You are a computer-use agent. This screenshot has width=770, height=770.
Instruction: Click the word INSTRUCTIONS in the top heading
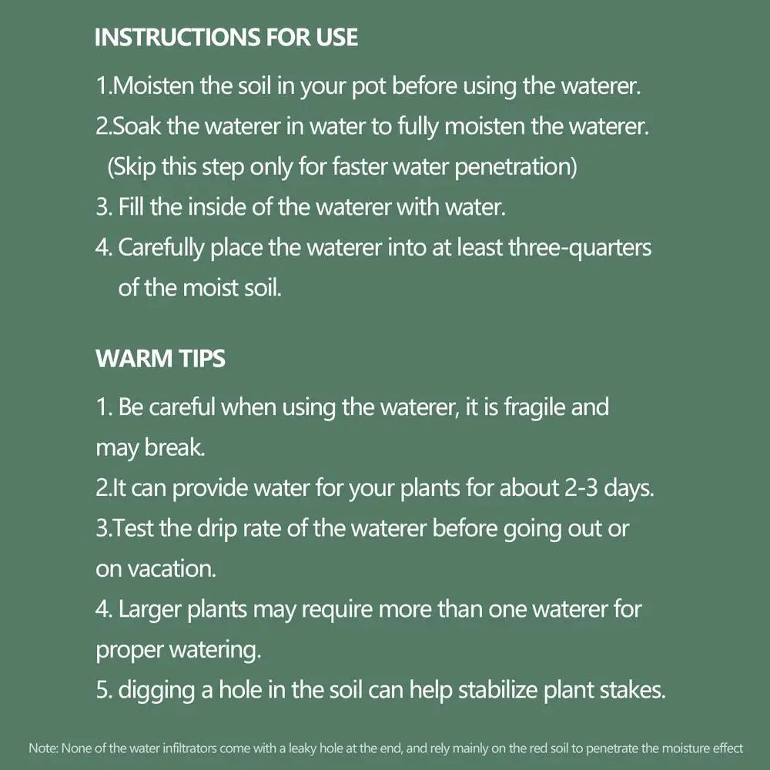coord(177,37)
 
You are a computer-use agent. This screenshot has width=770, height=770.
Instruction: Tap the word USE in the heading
coord(337,37)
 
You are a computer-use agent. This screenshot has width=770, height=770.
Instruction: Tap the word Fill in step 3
coord(132,206)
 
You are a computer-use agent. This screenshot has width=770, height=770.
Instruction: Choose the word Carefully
coord(161,248)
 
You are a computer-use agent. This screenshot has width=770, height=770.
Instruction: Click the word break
coord(174,448)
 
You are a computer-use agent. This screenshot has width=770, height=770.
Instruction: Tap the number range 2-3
coord(581,488)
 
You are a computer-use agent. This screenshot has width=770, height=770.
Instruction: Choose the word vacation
coord(172,569)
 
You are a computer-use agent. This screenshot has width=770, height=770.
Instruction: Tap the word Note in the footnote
coord(44,748)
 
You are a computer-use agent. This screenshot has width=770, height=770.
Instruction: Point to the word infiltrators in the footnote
coord(189,748)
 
